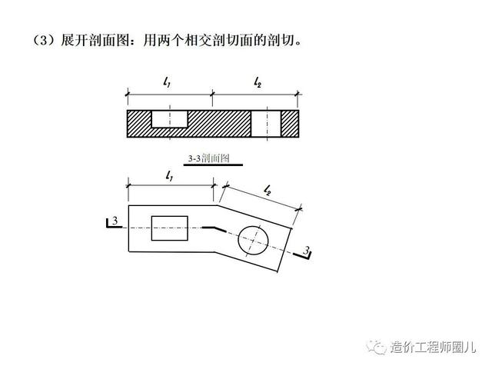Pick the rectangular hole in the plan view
click(x=170, y=228)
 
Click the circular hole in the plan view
click(x=256, y=241)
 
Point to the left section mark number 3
click(x=115, y=222)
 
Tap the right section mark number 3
click(x=305, y=251)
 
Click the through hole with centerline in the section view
click(x=266, y=123)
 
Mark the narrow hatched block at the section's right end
click(x=289, y=123)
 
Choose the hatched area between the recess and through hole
click(x=220, y=123)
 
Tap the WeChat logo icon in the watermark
click(x=377, y=347)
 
